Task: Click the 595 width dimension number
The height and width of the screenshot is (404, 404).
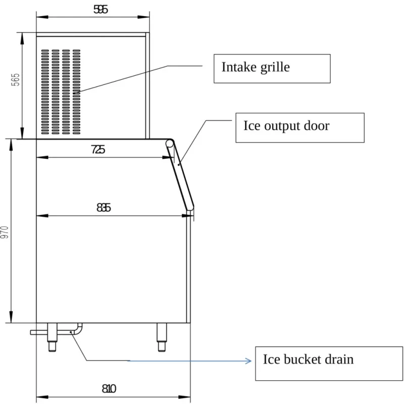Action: (100, 10)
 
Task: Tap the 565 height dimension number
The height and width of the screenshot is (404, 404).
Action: (16, 80)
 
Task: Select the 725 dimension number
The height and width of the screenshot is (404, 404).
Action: (98, 149)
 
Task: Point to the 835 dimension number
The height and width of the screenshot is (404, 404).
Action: (104, 208)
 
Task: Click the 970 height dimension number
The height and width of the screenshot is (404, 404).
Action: (5, 232)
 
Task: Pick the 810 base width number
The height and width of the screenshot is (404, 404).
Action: (109, 388)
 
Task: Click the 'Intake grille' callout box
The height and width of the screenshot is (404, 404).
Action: (272, 69)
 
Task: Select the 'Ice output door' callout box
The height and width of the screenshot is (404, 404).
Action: (300, 128)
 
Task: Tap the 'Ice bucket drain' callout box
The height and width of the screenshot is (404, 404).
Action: (329, 364)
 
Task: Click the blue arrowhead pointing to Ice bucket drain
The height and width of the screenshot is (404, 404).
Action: (248, 361)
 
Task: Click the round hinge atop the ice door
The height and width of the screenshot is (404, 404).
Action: (170, 143)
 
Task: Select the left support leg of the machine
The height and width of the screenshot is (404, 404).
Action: (53, 337)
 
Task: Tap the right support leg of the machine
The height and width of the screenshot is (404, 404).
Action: (162, 337)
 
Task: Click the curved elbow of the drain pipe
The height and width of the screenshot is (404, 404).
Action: (78, 330)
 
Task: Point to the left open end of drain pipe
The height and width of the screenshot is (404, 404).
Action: (31, 333)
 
